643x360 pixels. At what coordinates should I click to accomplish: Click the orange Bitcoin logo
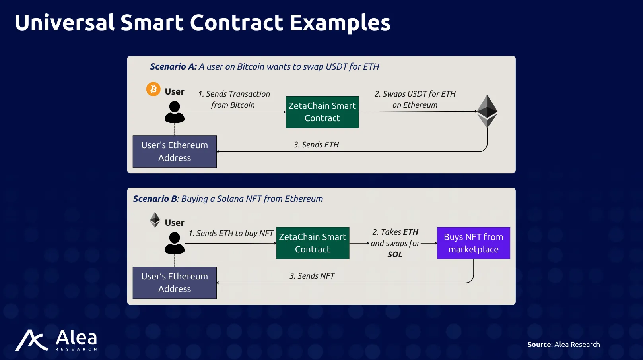click(x=153, y=89)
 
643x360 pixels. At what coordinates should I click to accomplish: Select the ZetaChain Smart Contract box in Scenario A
click(x=322, y=112)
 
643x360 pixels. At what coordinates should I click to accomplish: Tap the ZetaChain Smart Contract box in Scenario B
click(x=313, y=243)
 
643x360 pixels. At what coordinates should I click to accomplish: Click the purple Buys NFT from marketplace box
click(x=473, y=243)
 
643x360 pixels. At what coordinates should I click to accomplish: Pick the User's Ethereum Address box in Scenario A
click(x=175, y=151)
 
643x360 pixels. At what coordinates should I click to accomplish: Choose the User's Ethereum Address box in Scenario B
click(x=175, y=283)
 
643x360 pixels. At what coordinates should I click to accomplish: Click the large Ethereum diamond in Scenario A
click(x=487, y=111)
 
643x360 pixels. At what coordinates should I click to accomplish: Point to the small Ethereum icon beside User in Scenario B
click(x=155, y=220)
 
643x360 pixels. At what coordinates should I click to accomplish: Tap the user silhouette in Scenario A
click(x=175, y=112)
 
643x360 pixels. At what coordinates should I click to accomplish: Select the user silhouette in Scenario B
click(x=175, y=243)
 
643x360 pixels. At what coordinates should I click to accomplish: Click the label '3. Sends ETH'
click(x=317, y=145)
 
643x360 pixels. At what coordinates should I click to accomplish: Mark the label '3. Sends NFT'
click(x=312, y=276)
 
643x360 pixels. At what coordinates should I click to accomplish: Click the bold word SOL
click(x=395, y=254)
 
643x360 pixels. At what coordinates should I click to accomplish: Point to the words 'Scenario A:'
click(x=173, y=66)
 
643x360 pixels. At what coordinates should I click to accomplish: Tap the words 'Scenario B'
click(x=155, y=199)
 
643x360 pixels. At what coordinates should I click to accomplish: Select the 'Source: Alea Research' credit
click(x=563, y=344)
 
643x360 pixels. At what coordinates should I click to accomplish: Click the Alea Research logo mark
click(x=31, y=341)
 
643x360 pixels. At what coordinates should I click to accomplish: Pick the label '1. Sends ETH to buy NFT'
click(x=231, y=234)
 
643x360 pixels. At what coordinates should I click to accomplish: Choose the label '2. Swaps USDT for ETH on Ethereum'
click(x=415, y=99)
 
